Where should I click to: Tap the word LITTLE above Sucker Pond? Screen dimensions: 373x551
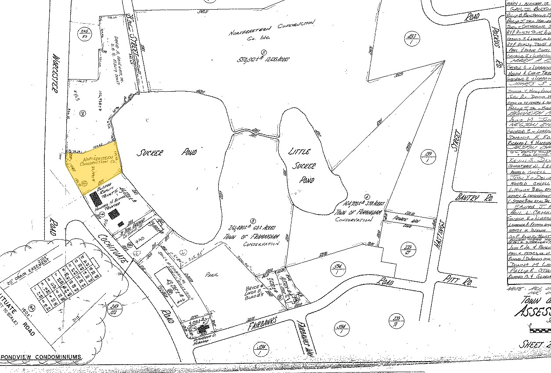[x=299, y=152]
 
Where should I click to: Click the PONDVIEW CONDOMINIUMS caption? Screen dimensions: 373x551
[x=41, y=357]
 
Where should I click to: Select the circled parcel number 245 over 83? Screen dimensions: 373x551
[x=83, y=34]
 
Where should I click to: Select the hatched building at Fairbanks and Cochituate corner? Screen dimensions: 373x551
[x=202, y=329]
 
